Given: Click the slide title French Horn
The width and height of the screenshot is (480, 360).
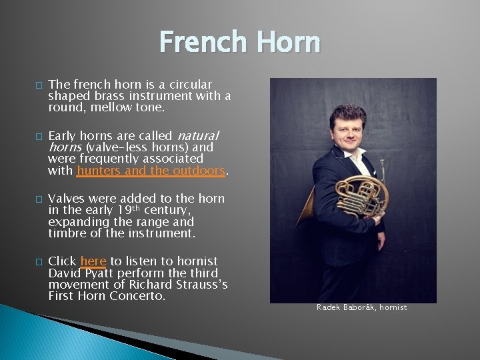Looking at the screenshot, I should tap(240, 42).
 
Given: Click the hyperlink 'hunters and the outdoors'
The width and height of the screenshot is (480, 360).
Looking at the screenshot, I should tap(151, 171).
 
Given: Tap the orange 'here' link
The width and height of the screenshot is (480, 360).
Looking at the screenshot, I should tap(93, 261).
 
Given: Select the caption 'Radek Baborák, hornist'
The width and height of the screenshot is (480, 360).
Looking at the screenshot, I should tap(361, 307).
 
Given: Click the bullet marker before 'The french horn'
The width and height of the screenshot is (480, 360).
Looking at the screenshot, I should tap(39, 85).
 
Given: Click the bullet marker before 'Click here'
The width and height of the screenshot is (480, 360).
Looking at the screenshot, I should tap(39, 262).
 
